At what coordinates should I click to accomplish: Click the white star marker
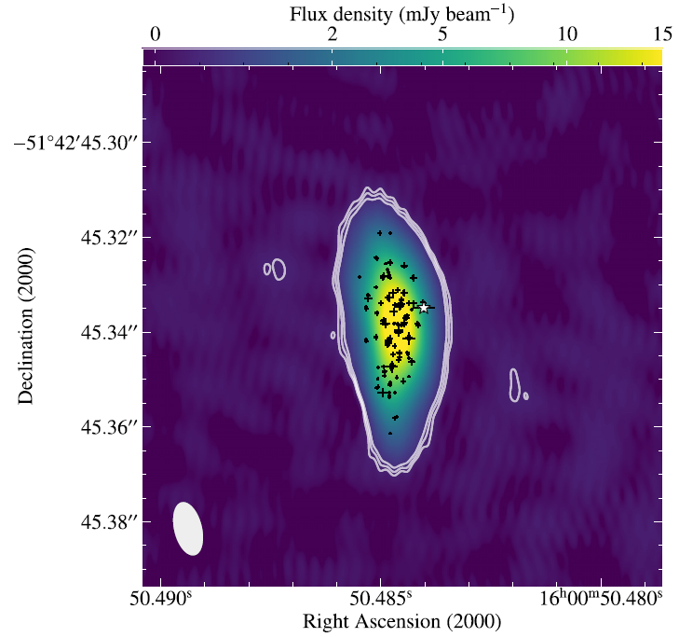(x=424, y=306)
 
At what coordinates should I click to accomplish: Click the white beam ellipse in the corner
(x=187, y=529)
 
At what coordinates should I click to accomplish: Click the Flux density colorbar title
(x=402, y=13)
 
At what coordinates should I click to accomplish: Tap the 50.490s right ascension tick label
(x=159, y=596)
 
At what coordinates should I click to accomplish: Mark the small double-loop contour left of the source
(x=275, y=269)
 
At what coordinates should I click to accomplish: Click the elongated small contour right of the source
(x=514, y=385)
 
